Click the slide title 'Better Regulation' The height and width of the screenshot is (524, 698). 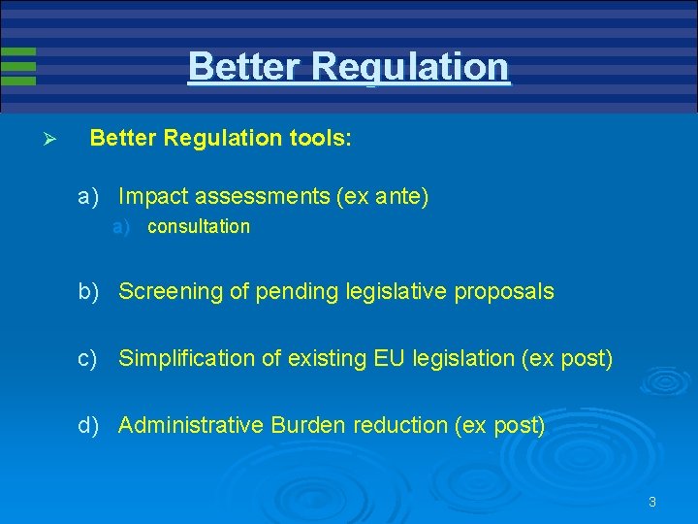(348, 67)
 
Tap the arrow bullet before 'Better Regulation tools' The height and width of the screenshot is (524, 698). (52, 140)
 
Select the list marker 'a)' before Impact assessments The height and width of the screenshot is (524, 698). (90, 197)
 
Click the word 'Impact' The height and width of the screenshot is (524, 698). (152, 197)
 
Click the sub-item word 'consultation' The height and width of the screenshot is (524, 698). (198, 227)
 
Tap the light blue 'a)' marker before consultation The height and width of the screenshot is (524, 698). (121, 227)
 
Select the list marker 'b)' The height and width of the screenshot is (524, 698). (90, 291)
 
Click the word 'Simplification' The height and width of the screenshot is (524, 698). (181, 358)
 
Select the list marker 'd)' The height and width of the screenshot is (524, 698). (90, 425)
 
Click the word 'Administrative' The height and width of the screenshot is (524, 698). (191, 425)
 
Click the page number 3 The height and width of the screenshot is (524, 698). (652, 502)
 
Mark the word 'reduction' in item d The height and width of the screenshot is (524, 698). (400, 425)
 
